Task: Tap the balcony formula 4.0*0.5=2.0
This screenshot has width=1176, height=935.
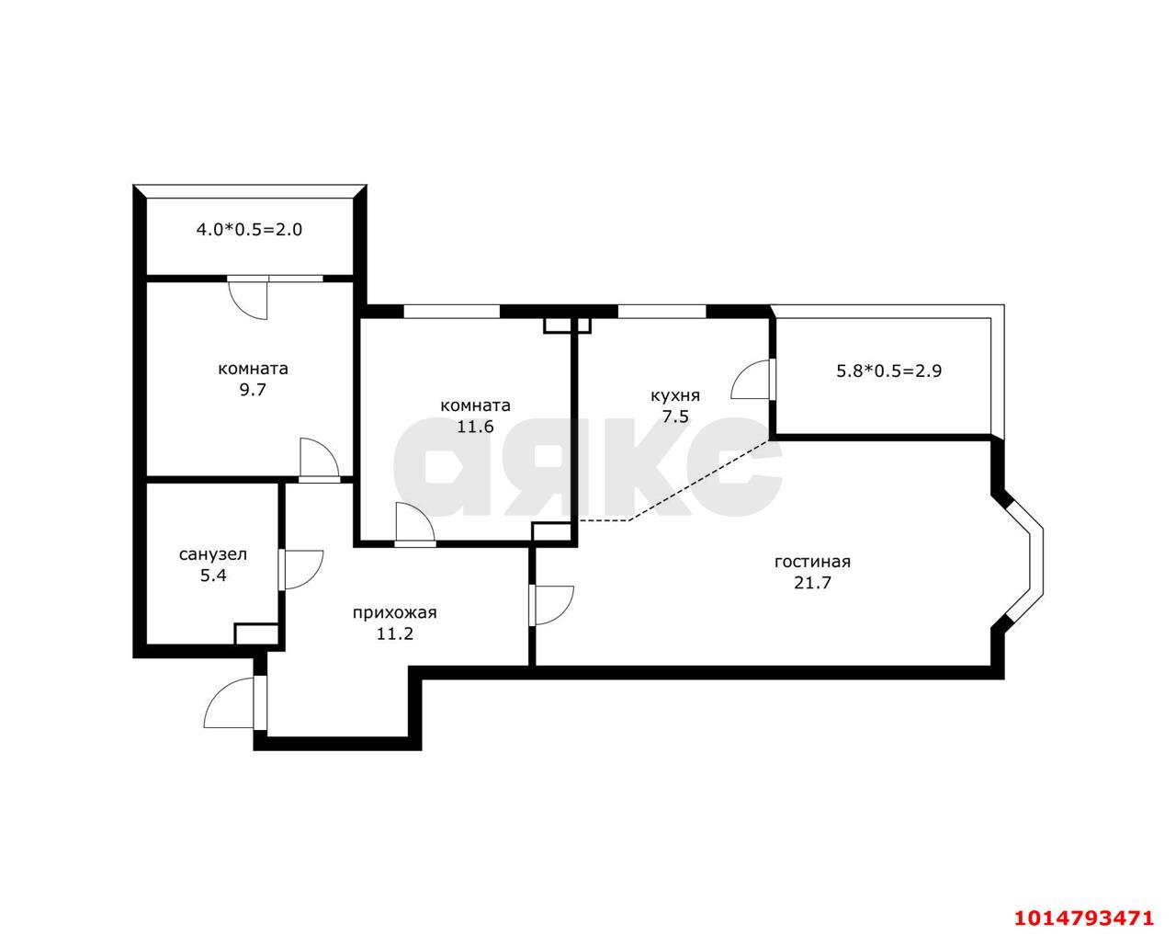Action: point(249,229)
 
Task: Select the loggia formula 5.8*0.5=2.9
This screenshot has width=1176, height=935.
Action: point(889,371)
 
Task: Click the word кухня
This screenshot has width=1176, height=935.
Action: point(675,396)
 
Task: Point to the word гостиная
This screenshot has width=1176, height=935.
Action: point(812,562)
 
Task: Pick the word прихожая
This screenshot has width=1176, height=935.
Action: point(394,613)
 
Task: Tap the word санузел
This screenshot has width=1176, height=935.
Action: point(213,554)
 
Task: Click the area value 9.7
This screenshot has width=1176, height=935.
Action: point(253,390)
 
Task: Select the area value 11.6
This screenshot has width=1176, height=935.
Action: point(475,426)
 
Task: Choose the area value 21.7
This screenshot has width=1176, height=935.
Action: point(812,583)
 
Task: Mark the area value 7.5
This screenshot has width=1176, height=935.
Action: point(676,416)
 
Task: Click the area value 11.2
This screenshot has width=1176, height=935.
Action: point(394,633)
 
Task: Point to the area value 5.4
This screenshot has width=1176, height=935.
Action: point(213,576)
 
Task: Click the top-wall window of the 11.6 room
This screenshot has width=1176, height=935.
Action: point(451,311)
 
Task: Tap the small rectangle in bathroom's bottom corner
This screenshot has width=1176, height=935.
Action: point(256,633)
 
